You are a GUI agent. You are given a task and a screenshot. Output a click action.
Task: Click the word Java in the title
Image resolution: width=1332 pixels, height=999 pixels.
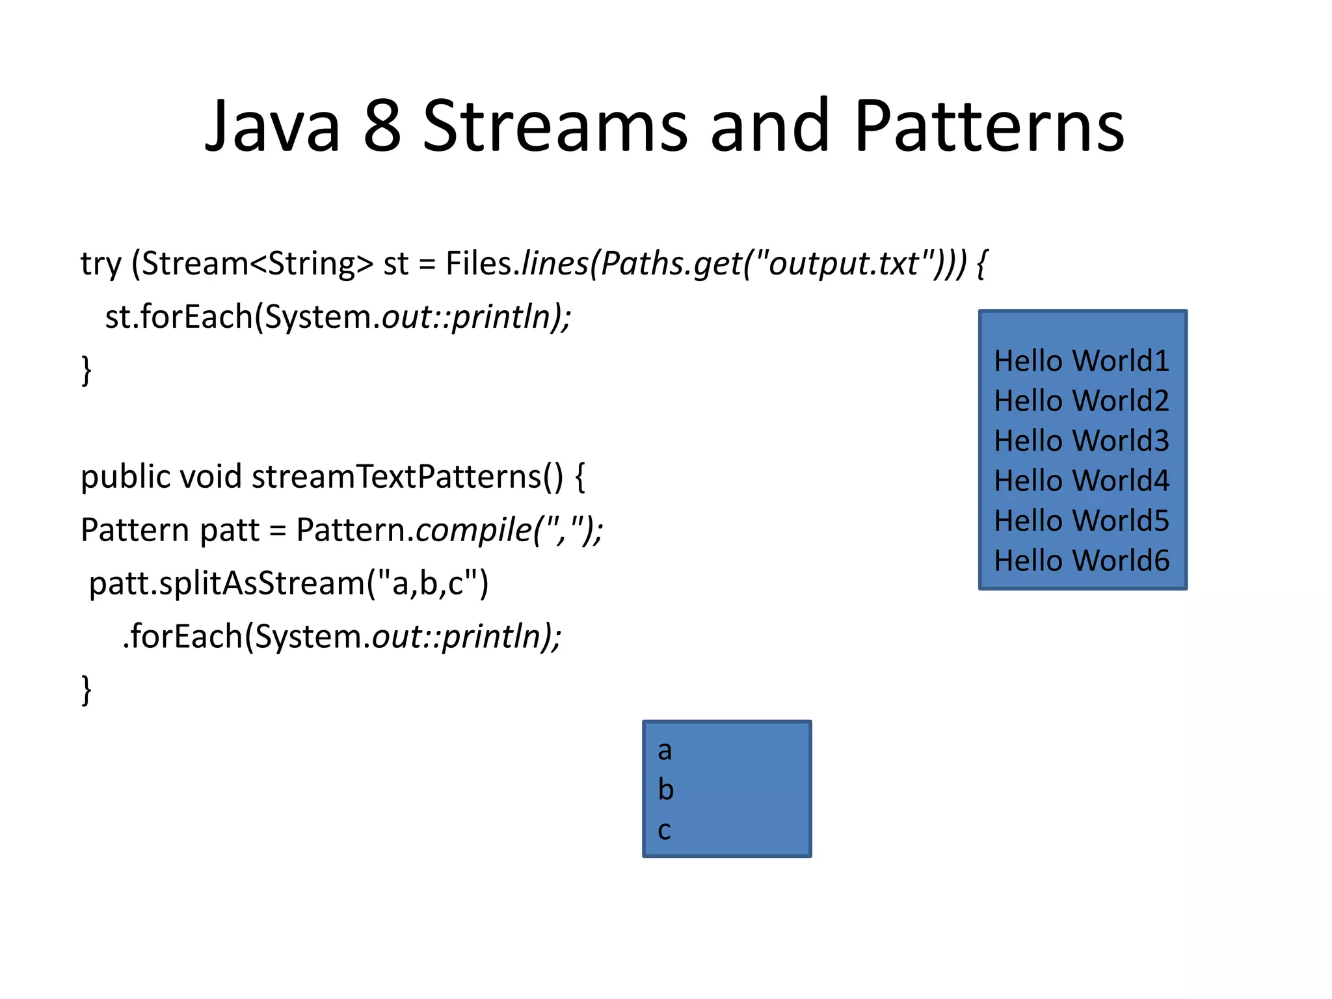click(x=273, y=126)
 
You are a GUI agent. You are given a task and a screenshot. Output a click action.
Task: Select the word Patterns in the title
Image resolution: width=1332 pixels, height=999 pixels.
click(x=989, y=126)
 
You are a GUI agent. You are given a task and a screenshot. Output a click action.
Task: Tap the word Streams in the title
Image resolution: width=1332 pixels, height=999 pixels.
click(x=555, y=126)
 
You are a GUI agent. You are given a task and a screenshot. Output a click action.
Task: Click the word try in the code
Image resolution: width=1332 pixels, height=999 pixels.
click(x=101, y=265)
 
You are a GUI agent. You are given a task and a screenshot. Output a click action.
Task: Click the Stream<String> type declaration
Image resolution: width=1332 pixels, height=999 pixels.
click(x=258, y=263)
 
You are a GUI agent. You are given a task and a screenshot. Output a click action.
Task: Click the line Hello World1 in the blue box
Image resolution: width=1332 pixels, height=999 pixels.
click(x=1081, y=361)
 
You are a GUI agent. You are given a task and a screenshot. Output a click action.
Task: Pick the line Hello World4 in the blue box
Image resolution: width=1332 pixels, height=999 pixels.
click(x=1081, y=481)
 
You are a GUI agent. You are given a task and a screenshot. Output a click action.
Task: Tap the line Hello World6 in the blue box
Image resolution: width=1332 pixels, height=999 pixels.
click(x=1081, y=561)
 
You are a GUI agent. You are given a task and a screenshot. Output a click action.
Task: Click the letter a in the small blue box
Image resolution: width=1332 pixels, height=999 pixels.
click(x=664, y=751)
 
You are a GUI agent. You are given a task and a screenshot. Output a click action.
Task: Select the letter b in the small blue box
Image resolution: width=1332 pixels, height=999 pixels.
click(x=665, y=790)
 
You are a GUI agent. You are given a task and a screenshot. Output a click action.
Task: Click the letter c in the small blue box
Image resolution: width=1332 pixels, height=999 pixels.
click(x=664, y=831)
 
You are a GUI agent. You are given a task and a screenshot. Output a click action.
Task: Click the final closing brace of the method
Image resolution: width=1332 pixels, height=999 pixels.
click(x=86, y=690)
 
